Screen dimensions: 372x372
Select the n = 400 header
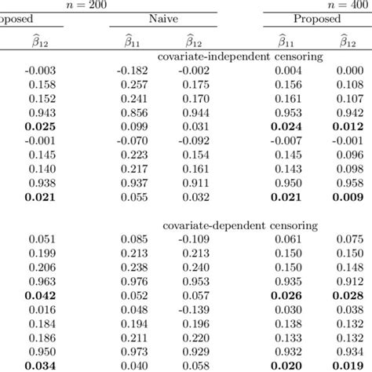(x=348, y=5)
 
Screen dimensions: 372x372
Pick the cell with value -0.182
(x=132, y=71)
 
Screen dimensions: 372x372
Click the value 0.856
(x=134, y=113)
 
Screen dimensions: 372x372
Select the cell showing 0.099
(x=134, y=127)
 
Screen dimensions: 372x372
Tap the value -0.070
(x=132, y=141)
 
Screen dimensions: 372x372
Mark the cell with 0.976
(x=134, y=281)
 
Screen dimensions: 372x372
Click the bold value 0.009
(x=348, y=198)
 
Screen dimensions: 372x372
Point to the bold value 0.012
(x=348, y=127)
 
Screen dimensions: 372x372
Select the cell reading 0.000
(x=348, y=71)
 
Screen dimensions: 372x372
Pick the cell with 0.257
(x=134, y=85)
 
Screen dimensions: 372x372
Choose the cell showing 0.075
(x=348, y=239)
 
